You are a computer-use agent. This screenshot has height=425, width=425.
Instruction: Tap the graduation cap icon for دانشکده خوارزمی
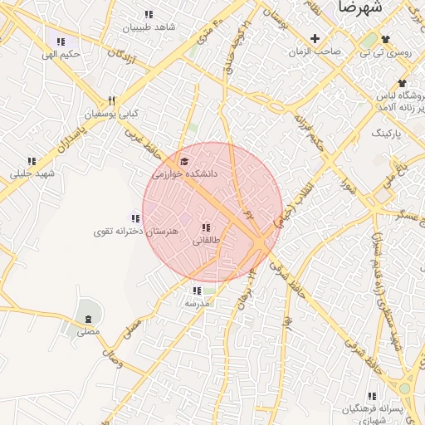184,161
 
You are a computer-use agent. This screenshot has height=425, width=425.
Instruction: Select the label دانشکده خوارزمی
183,174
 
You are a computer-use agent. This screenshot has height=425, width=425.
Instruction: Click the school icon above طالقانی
206,227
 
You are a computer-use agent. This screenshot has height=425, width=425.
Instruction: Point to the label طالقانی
207,241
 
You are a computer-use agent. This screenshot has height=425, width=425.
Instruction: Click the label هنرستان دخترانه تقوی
136,232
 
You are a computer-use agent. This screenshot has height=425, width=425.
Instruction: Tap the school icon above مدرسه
197,291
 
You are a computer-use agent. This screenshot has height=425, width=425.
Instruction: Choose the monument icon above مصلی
89,318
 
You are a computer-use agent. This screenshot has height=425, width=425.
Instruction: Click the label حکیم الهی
63,55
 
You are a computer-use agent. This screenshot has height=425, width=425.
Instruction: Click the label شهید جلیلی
32,174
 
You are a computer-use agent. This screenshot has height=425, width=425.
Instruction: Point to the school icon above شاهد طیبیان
149,14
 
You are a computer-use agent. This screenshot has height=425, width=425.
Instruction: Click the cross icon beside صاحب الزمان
315,38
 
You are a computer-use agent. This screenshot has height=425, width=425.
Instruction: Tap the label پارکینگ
386,133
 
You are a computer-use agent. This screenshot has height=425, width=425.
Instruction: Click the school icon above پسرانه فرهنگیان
372,396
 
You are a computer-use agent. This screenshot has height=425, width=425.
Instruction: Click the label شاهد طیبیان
149,27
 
